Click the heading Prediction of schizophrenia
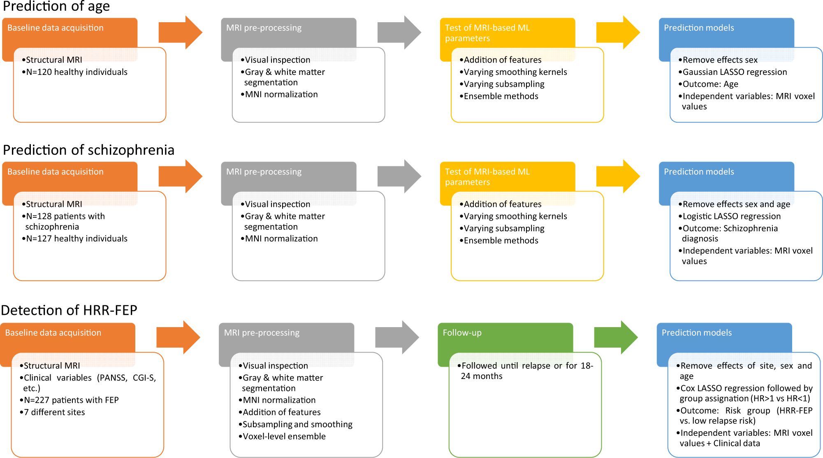[x=88, y=150]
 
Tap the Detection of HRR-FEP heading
[x=69, y=310]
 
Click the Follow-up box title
[x=462, y=333]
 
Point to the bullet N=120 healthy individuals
[x=77, y=72]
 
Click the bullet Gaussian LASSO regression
[x=735, y=72]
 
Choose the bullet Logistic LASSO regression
[x=731, y=216]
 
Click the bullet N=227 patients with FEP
[x=71, y=400]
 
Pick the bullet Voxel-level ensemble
[x=284, y=437]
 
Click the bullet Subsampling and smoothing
[x=297, y=424]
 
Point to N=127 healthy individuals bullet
[x=77, y=239]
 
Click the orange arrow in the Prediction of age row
[x=180, y=33]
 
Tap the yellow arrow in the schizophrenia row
[x=617, y=177]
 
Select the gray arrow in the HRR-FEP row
[x=396, y=337]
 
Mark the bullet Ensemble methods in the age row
[x=501, y=96]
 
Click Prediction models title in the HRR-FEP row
[x=696, y=333]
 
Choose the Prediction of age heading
[x=56, y=7]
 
